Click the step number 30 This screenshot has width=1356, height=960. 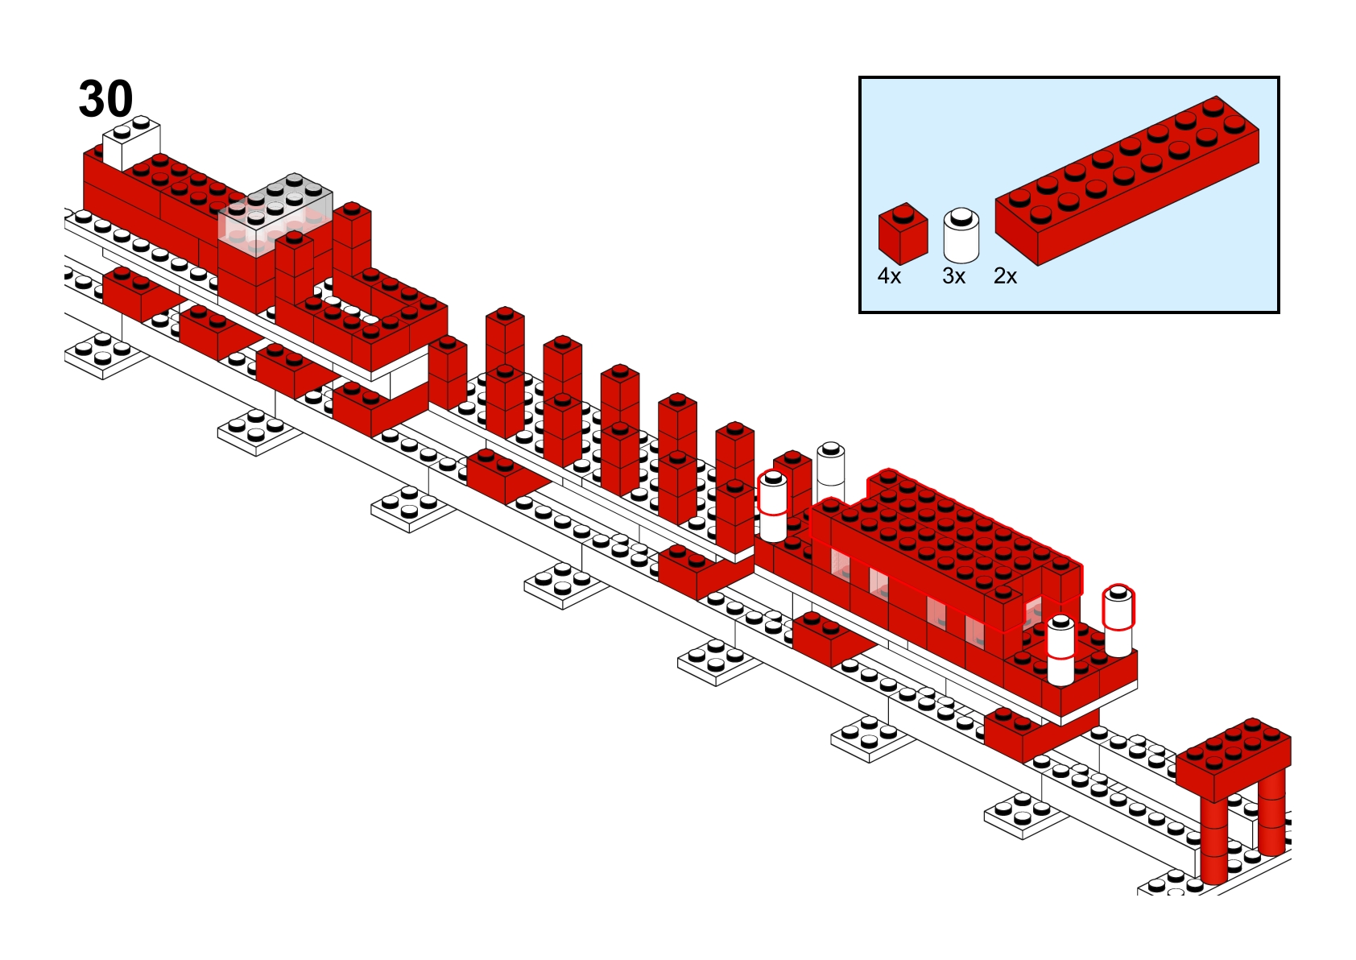105,99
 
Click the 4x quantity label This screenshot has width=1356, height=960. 889,276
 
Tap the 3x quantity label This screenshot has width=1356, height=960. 954,276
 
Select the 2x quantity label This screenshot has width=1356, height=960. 1006,276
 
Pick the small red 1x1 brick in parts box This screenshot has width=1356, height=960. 903,234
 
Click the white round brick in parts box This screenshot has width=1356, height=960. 961,235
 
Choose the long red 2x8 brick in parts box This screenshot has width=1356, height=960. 1127,180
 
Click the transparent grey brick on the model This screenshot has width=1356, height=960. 275,215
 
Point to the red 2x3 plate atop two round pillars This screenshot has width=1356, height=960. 1233,759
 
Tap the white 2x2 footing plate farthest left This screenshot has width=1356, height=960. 105,354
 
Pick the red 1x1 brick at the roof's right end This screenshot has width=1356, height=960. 1062,579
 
